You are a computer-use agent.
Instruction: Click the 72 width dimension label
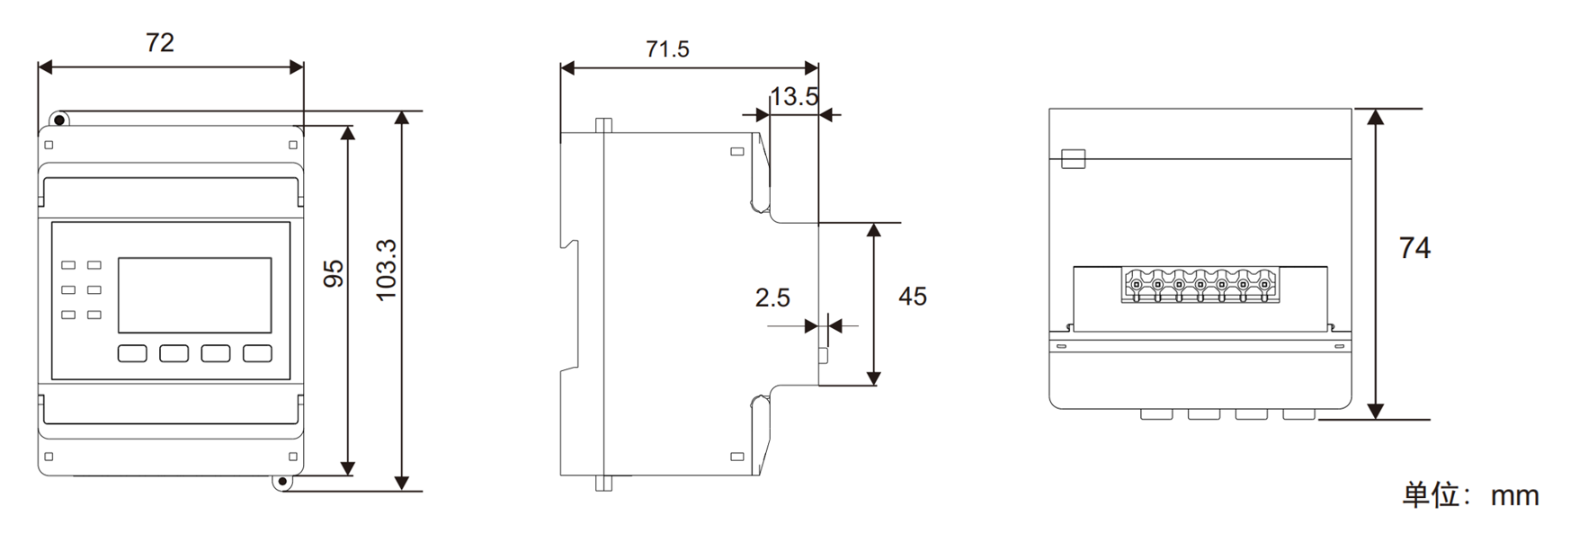[x=160, y=42]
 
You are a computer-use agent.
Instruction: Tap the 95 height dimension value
[x=334, y=273]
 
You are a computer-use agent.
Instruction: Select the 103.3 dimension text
[x=386, y=270]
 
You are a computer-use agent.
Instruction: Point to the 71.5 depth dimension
[x=667, y=49]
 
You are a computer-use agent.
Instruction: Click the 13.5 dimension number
[x=794, y=96]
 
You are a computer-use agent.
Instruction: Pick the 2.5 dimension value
[x=772, y=298]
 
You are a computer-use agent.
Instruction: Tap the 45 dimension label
[x=913, y=297]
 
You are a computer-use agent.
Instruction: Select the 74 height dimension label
[x=1414, y=247]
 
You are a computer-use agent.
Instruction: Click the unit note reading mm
[x=1515, y=495]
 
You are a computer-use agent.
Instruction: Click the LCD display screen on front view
[x=195, y=296]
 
